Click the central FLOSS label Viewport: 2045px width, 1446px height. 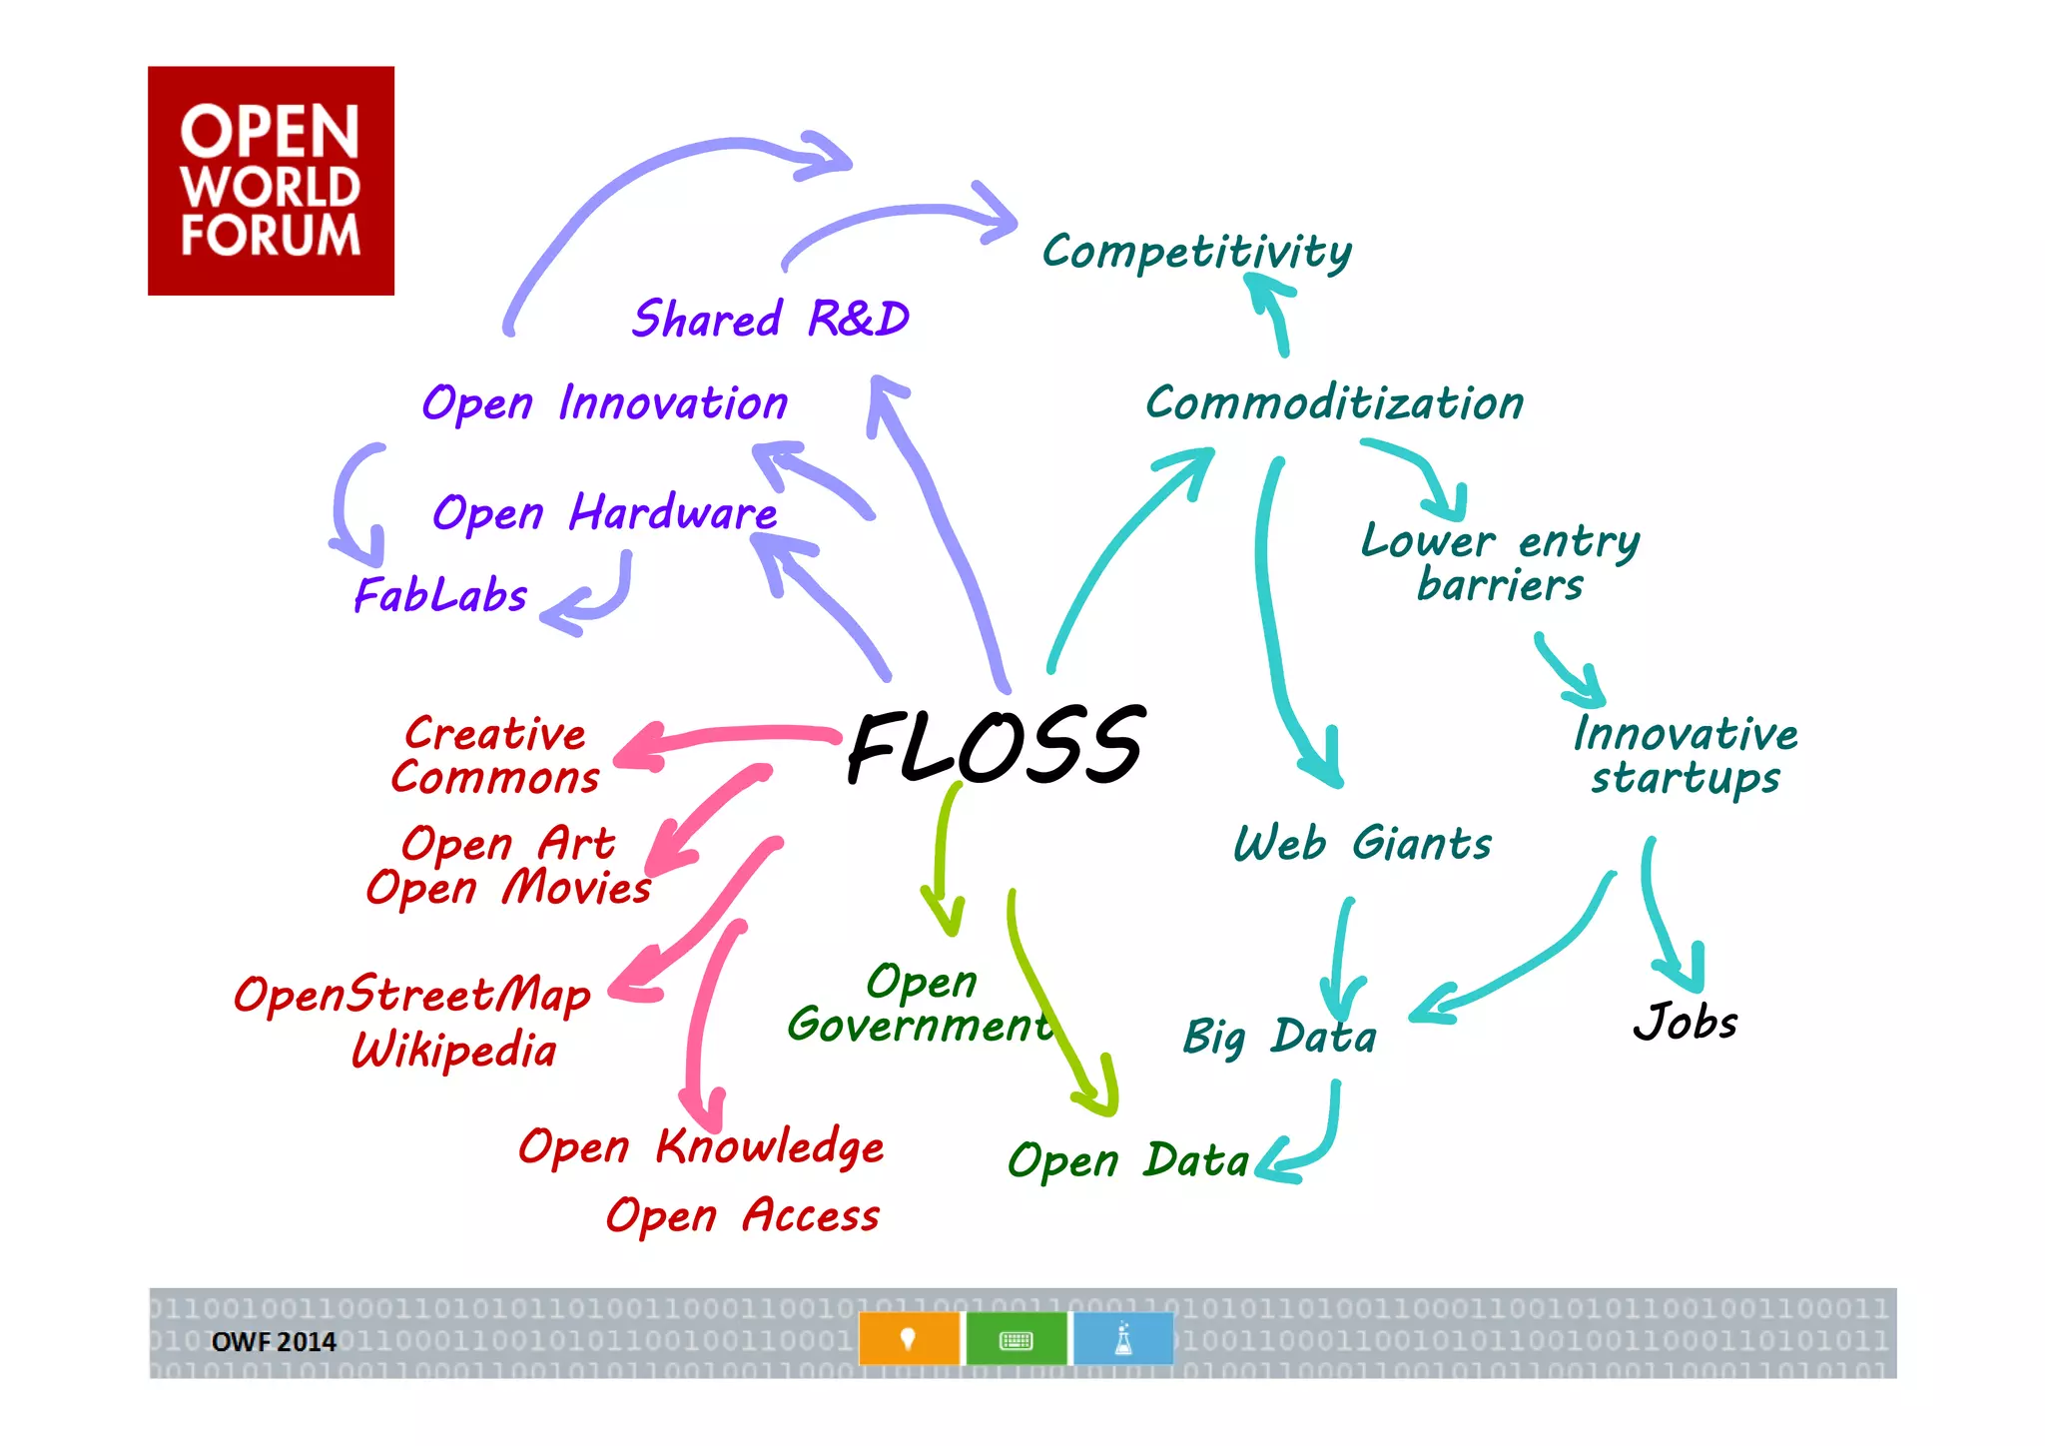(x=995, y=746)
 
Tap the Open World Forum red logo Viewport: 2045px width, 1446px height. (x=271, y=181)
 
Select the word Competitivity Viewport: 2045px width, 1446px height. (x=1196, y=252)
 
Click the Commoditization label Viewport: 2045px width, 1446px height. (x=1334, y=403)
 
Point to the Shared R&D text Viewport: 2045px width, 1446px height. (x=770, y=320)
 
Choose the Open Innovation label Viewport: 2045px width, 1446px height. (x=604, y=403)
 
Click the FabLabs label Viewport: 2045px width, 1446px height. (x=440, y=596)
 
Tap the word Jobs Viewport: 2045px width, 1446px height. (x=1686, y=1022)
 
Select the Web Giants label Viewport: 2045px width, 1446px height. (x=1362, y=844)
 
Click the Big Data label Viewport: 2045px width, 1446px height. (x=1279, y=1037)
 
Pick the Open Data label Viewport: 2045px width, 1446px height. (x=1127, y=1161)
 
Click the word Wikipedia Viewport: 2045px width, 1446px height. (x=454, y=1051)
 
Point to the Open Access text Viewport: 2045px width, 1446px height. (x=742, y=1216)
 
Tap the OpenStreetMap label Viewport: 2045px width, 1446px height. (x=411, y=995)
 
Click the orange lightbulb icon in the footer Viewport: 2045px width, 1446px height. (x=909, y=1339)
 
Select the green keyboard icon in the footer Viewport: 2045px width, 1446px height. (x=1016, y=1339)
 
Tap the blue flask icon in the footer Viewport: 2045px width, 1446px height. (x=1123, y=1339)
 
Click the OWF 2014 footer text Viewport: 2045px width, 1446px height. (x=274, y=1342)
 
